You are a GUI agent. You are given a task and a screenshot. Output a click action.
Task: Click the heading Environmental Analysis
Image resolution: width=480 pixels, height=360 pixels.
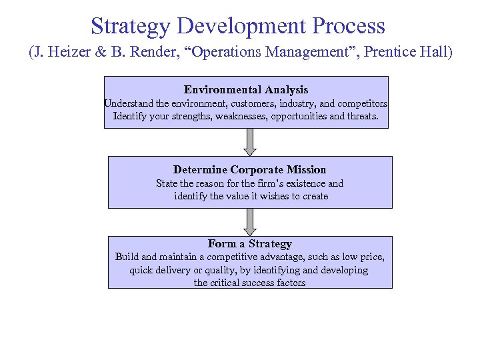pyautogui.click(x=246, y=89)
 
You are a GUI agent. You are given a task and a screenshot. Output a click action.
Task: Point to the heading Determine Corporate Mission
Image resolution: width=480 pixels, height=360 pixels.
pyautogui.click(x=249, y=169)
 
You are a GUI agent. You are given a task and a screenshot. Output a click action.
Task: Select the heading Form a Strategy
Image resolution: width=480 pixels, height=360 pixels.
pyautogui.click(x=249, y=243)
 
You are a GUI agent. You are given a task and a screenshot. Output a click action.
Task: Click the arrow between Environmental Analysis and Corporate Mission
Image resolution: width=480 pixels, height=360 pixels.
pyautogui.click(x=250, y=142)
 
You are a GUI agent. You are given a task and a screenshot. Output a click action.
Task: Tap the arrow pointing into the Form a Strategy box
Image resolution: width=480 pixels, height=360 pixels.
pyautogui.click(x=250, y=221)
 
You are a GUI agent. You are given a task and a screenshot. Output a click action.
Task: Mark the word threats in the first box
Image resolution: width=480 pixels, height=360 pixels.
pyautogui.click(x=362, y=116)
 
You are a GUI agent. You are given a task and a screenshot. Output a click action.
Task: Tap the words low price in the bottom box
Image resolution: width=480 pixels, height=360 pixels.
pyautogui.click(x=363, y=257)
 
